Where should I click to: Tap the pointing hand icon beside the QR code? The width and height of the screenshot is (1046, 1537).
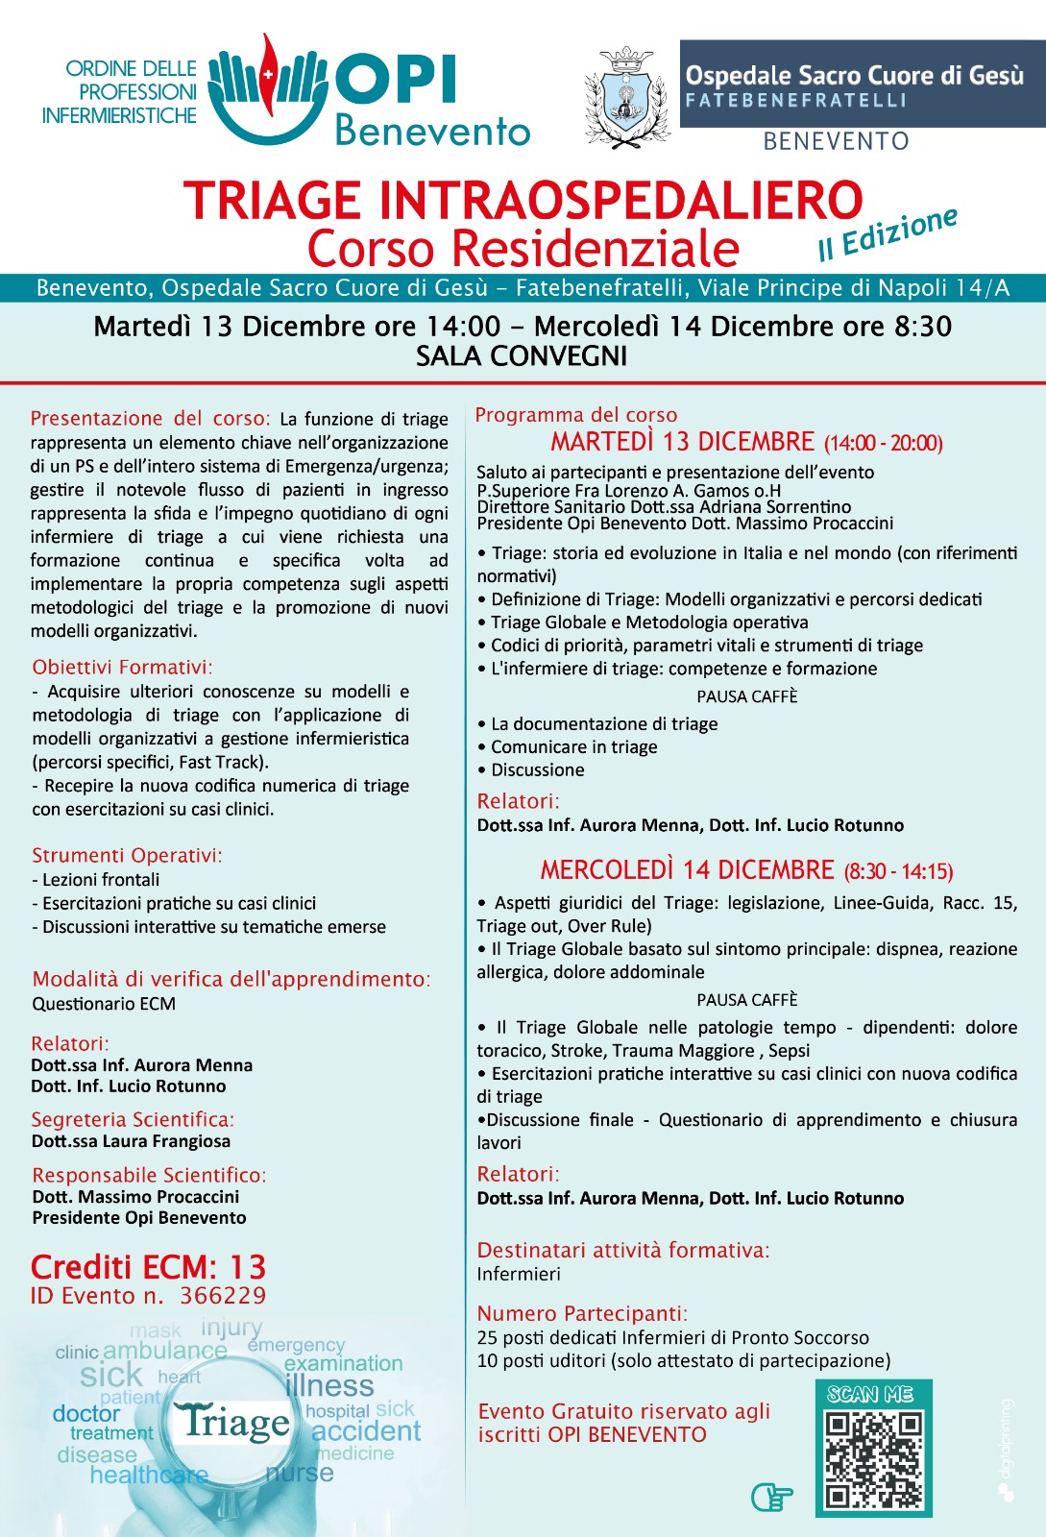click(x=771, y=1496)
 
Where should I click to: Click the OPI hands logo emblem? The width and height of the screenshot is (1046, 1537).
click(x=268, y=86)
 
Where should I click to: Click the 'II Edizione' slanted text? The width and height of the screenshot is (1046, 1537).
click(x=887, y=233)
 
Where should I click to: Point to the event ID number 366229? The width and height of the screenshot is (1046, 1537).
click(x=223, y=1296)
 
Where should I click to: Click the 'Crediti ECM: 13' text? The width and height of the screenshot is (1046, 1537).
click(x=148, y=1266)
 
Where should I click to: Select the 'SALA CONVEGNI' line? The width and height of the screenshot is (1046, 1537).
click(x=522, y=356)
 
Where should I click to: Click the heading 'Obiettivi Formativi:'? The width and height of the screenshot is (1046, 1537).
click(x=122, y=667)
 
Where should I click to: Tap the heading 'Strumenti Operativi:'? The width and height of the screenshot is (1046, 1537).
click(x=127, y=855)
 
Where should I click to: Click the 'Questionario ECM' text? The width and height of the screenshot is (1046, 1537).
click(x=104, y=1004)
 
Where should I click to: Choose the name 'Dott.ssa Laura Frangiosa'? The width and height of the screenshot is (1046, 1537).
click(x=131, y=1141)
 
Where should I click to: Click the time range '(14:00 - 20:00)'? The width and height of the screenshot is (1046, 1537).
click(x=883, y=443)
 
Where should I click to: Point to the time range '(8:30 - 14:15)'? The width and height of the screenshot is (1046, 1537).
click(x=898, y=871)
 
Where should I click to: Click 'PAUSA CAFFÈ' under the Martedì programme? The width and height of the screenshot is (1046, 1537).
click(x=746, y=696)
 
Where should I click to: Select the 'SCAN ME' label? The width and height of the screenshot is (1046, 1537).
click(x=870, y=1394)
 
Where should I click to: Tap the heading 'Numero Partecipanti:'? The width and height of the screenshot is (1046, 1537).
click(x=582, y=1313)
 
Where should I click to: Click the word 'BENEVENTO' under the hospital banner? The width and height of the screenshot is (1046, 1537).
click(x=836, y=141)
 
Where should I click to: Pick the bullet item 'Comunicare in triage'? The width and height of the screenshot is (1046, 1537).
click(x=573, y=746)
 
